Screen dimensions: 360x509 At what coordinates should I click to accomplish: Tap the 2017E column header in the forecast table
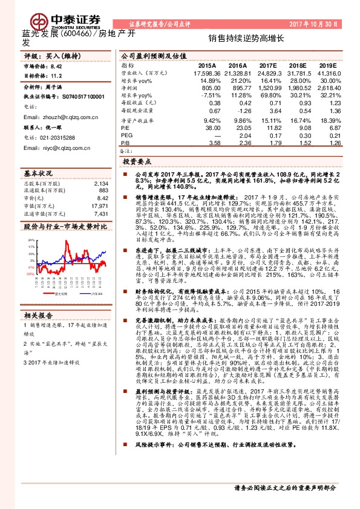point(270,65)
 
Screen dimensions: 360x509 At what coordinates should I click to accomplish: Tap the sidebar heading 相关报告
point(38,315)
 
